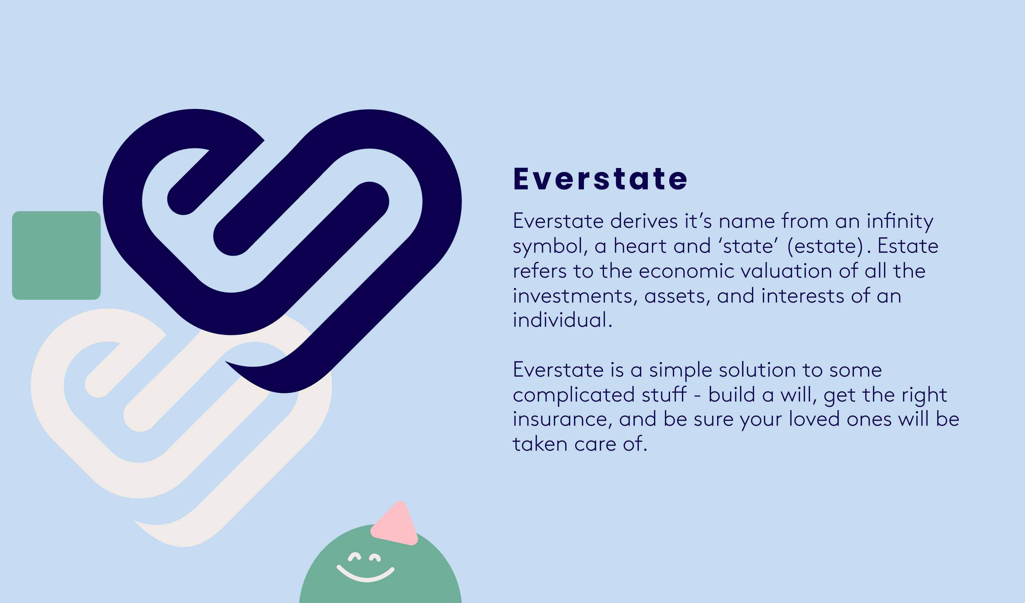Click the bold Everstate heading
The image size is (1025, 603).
click(600, 179)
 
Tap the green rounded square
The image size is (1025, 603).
click(56, 256)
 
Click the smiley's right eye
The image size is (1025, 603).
click(375, 558)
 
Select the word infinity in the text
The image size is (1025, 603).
click(900, 222)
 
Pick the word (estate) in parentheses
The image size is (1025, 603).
click(825, 247)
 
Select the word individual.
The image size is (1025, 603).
click(561, 321)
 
